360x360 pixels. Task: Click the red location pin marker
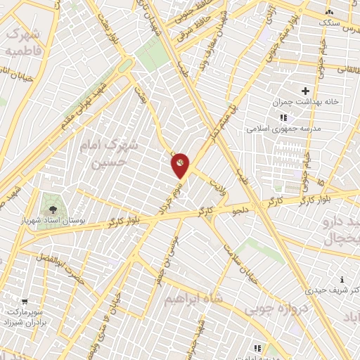point(180,165)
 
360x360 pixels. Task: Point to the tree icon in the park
point(51,207)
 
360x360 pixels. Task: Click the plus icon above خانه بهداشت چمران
point(305,90)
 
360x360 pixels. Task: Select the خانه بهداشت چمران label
point(307,101)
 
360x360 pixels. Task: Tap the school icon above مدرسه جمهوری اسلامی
point(283,117)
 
